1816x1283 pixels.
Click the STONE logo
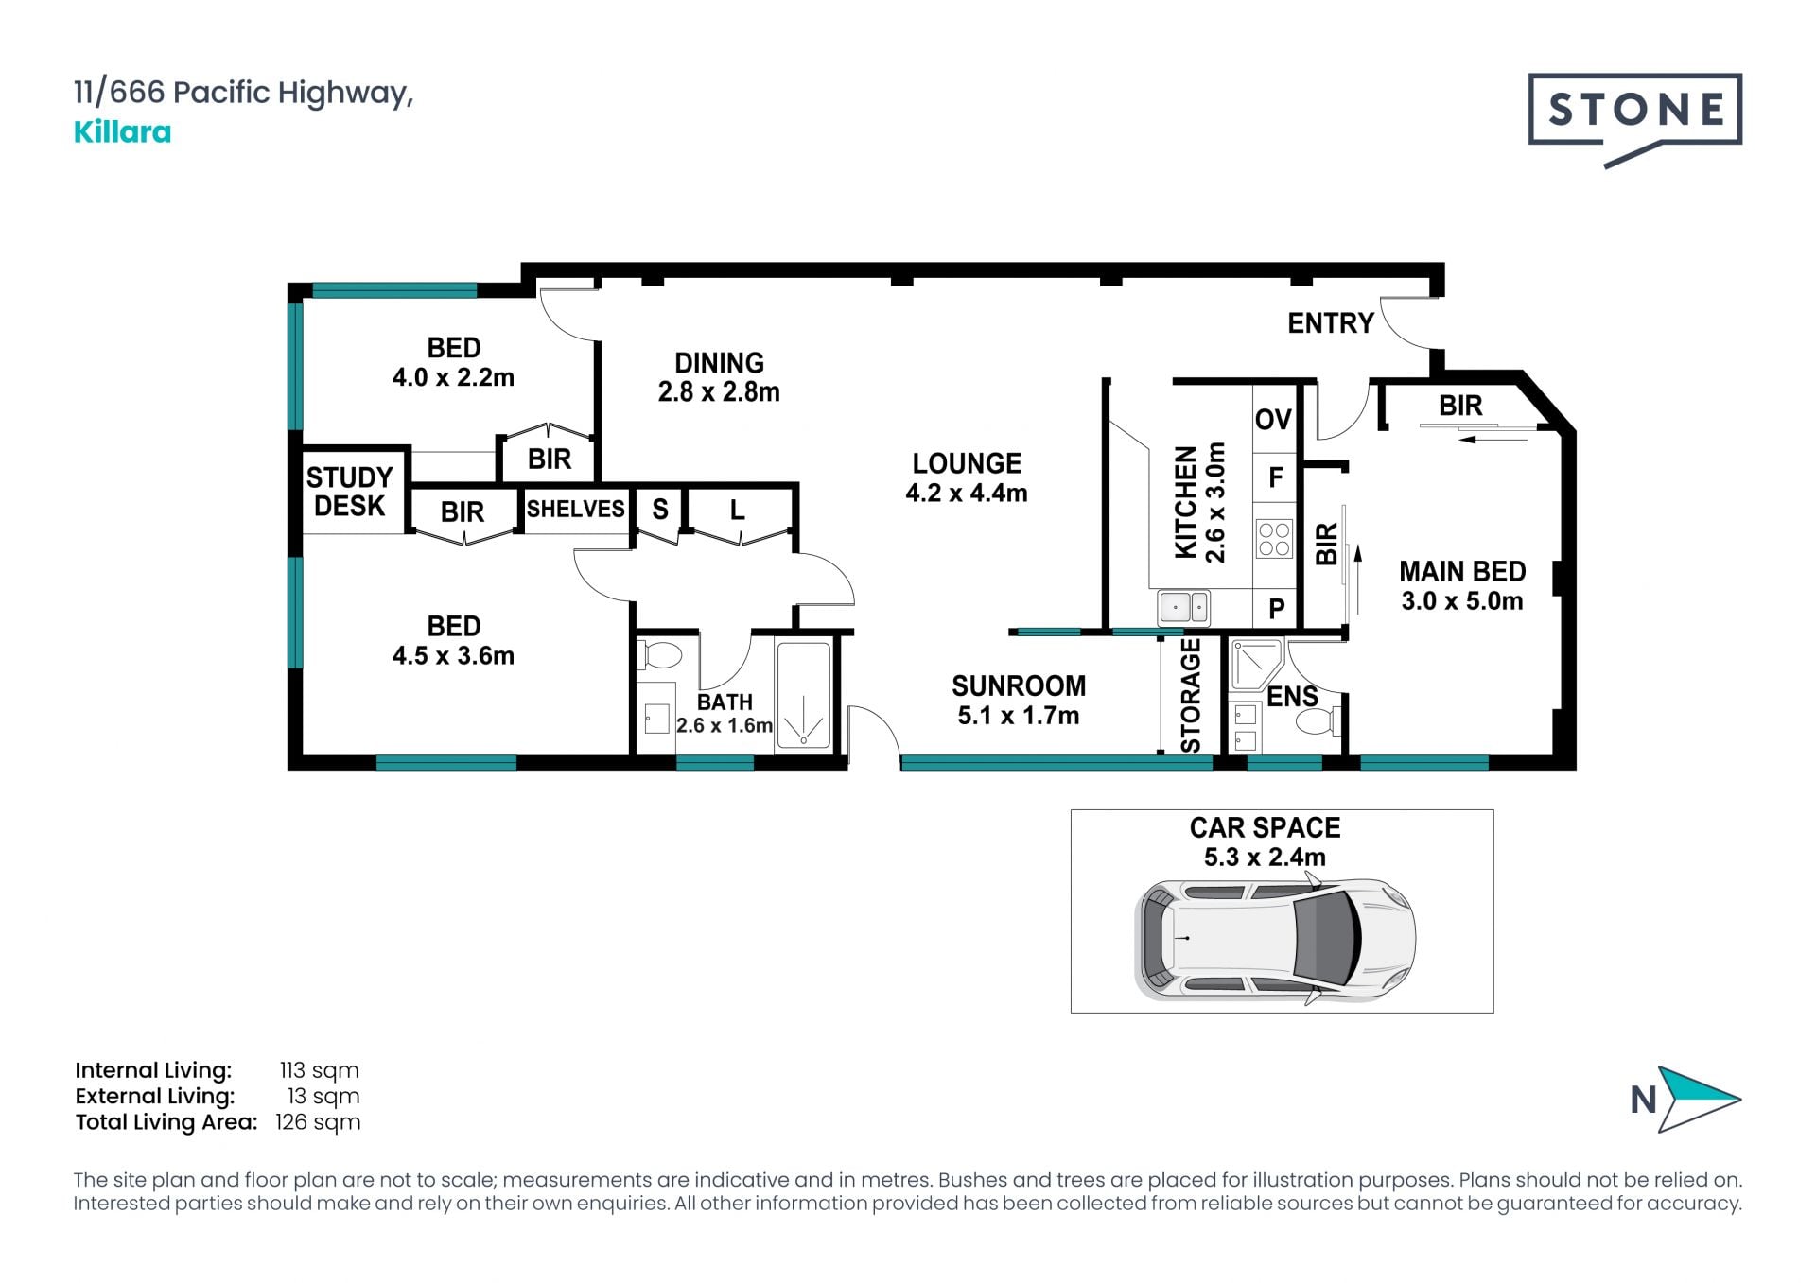pos(1634,119)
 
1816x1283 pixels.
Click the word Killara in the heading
pos(122,132)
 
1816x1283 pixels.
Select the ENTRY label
pos(1330,323)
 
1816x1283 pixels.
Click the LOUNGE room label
pos(967,463)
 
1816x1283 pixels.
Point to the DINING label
pos(719,363)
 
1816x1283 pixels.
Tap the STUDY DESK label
pos(349,492)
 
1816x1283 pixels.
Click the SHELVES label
pos(575,509)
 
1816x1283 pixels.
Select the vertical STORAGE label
pos(1191,696)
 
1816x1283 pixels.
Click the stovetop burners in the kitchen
pos(1274,539)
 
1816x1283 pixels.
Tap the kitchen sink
pos(1183,607)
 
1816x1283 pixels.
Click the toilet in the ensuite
pos(1319,721)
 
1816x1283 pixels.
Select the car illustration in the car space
pos(1275,940)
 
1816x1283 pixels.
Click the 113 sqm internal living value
pos(319,1070)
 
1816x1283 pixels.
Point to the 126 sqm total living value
pos(318,1122)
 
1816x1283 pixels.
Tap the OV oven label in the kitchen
pos(1273,420)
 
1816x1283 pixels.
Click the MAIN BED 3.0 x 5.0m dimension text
pos(1462,601)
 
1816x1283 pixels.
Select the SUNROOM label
pos(1019,685)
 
